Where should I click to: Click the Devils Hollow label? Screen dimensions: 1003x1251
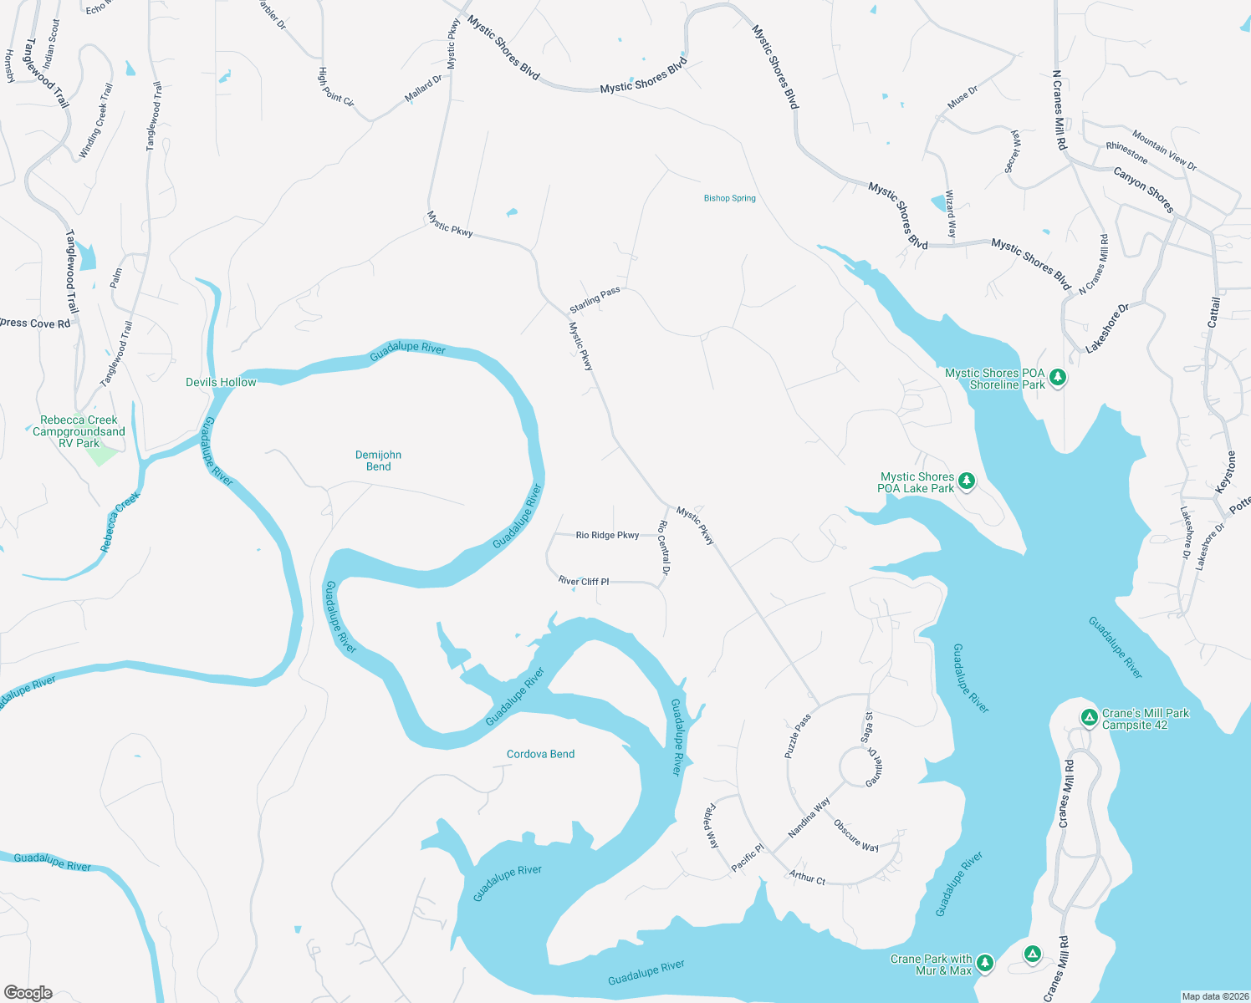pos(221,382)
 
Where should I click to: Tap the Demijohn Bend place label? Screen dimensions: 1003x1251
pos(378,461)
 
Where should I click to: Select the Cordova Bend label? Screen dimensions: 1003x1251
pos(540,754)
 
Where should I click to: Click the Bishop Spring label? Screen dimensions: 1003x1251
pos(729,198)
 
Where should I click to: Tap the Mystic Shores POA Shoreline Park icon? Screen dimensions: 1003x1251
pos(1058,378)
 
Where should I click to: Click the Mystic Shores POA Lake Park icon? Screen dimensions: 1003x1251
pos(967,481)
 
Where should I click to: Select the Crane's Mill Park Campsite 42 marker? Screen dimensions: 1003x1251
pos(1089,717)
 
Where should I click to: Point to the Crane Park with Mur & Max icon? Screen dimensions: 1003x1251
pos(985,963)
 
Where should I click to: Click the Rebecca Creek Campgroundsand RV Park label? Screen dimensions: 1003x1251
pos(79,431)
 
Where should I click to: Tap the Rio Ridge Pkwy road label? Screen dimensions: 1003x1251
pos(607,535)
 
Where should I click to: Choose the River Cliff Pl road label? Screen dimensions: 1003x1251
pos(584,581)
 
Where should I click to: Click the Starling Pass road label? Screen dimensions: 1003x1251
pos(595,299)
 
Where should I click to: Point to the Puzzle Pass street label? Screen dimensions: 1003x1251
pos(798,736)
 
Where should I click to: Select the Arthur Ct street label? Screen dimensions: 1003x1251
pos(807,878)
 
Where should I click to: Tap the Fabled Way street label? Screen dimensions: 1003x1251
pos(712,826)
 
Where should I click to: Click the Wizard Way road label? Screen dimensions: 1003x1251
pos(950,214)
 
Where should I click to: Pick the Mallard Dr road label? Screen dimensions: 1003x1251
pos(423,89)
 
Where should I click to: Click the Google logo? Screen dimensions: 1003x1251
pos(28,993)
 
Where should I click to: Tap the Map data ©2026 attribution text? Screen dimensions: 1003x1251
pos(1214,996)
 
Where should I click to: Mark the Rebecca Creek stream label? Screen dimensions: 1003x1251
pos(120,522)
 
